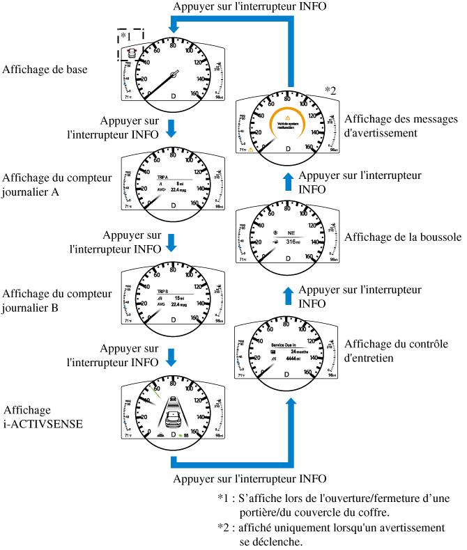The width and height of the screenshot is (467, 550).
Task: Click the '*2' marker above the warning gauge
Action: (x=330, y=90)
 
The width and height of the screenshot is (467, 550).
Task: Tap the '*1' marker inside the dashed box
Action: (x=126, y=36)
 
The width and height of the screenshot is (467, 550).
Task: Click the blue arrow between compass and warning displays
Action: (x=287, y=182)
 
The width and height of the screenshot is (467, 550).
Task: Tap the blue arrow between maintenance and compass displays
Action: (x=287, y=295)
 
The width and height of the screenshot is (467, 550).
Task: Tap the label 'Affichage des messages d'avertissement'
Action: (x=395, y=125)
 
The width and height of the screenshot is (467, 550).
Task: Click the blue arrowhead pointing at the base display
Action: (x=174, y=26)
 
